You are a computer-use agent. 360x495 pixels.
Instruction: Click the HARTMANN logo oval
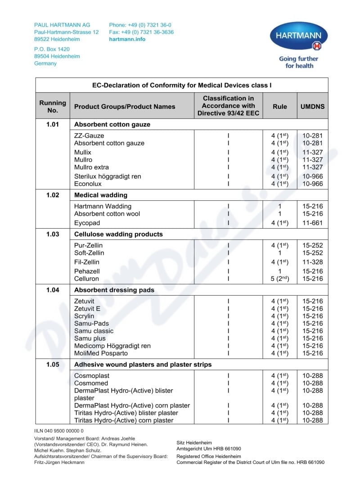pos(299,36)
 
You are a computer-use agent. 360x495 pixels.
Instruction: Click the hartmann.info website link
pos(127,39)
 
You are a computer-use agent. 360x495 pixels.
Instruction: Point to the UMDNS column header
pos(313,107)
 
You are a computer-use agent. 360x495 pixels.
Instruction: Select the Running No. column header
pos(53,106)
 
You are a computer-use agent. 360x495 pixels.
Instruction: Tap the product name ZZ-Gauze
pos(89,135)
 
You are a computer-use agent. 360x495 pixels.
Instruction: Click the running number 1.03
pos(53,234)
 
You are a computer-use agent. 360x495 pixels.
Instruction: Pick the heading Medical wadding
pos(101,195)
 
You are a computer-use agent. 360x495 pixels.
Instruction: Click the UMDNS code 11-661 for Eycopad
pos(313,223)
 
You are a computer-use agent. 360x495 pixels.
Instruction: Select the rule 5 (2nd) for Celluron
pos(279,279)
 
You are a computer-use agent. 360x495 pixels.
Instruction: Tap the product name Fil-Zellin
pos(87,262)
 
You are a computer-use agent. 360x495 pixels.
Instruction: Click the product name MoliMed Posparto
pos(101,353)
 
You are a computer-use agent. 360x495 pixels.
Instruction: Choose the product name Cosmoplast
pos(92,376)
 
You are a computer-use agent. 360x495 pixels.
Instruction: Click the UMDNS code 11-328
pos(313,262)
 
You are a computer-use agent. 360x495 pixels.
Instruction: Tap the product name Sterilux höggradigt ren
pos(108,176)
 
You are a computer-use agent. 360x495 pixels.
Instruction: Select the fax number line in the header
pos(141,32)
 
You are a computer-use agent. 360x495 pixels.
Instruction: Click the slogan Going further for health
pos(299,62)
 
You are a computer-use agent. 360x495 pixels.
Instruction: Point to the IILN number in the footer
pos(59,431)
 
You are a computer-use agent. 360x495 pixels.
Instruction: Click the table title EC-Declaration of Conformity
pos(182,85)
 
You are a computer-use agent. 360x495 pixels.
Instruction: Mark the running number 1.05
pos(53,364)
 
